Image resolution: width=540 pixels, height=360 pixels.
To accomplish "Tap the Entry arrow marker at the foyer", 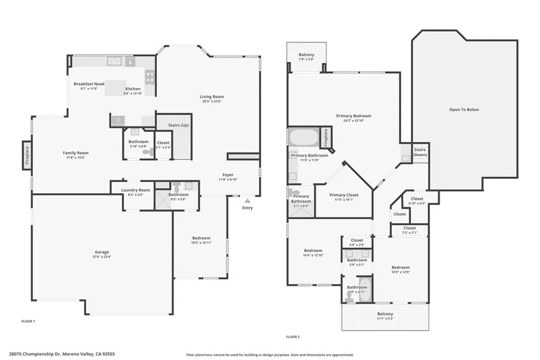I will tap(247, 200).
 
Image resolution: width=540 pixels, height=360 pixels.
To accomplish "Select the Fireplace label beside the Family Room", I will tap(26, 155).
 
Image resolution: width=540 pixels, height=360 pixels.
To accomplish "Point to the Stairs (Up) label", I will tap(178, 125).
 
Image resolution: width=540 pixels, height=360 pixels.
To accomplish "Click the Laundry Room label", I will tap(136, 190).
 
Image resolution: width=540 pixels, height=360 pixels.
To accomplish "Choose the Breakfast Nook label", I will tap(89, 84).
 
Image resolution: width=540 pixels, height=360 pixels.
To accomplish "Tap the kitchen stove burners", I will tap(150, 77).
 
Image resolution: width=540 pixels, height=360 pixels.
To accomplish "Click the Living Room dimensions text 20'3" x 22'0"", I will tap(211, 102).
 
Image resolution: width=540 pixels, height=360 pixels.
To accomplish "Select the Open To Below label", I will tap(464, 110).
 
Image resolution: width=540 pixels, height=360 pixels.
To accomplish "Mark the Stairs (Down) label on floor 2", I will tap(420, 152).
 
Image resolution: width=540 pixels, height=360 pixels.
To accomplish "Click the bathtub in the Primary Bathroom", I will tap(304, 138).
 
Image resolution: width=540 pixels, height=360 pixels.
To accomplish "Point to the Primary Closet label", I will tap(344, 195).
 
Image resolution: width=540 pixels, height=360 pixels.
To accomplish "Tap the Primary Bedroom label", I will tap(353, 116).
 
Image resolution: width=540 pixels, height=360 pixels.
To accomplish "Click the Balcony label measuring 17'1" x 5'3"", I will tap(385, 314).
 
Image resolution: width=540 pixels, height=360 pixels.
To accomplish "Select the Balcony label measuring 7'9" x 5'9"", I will tap(306, 55).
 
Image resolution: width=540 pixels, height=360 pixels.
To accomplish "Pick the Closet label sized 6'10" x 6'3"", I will tap(417, 199).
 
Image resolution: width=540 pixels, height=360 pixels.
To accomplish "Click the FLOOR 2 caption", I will tap(293, 336).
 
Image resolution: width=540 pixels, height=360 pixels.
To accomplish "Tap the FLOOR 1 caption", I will tap(28, 321).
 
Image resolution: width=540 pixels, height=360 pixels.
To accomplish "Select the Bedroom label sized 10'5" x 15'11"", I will tap(201, 238).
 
